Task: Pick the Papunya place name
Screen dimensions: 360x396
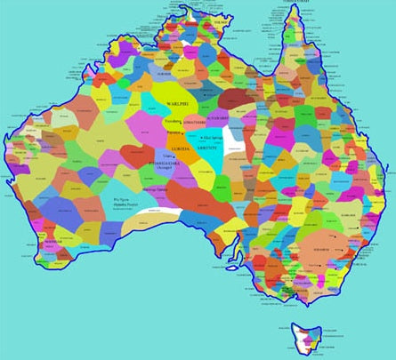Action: click(x=174, y=135)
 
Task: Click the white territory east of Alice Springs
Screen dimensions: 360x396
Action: click(x=236, y=138)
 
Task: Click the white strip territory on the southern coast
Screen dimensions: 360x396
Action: click(x=160, y=215)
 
